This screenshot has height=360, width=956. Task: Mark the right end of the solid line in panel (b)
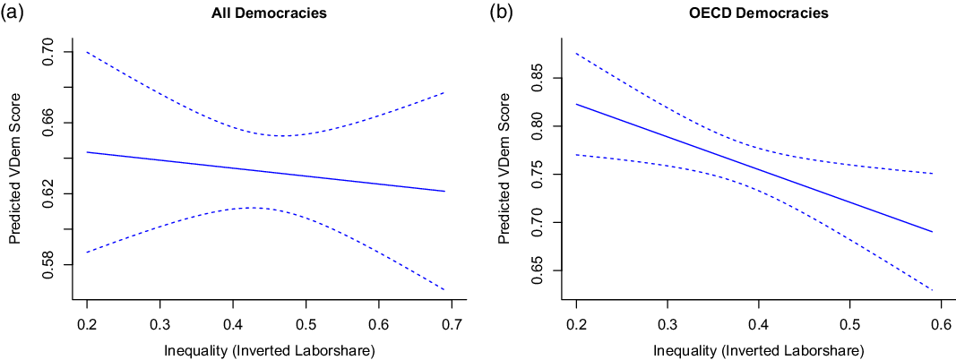click(933, 232)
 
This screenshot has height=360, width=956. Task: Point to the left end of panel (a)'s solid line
click(86, 152)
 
